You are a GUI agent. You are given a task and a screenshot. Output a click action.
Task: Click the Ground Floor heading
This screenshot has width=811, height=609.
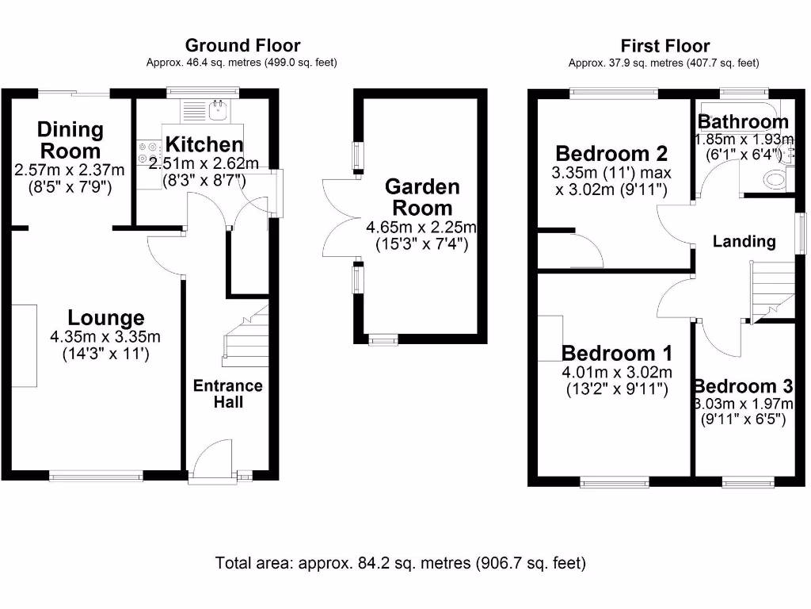[x=242, y=45]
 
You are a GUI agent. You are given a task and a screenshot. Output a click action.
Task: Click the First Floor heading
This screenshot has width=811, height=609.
[x=664, y=46]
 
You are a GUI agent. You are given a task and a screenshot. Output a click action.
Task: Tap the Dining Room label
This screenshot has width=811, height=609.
[x=70, y=140]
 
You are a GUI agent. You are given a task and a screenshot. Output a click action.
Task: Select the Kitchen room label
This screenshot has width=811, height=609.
[x=204, y=144]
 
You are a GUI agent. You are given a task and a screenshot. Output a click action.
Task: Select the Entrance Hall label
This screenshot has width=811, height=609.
[x=228, y=393]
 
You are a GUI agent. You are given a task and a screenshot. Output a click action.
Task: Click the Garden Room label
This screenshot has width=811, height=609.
[x=421, y=197]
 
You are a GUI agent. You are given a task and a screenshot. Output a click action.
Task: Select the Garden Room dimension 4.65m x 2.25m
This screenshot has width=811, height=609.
[x=421, y=228]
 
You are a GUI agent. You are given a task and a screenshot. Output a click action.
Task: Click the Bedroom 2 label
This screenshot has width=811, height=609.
[x=611, y=153]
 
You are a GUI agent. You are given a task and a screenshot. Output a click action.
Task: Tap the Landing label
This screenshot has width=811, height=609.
[x=744, y=241]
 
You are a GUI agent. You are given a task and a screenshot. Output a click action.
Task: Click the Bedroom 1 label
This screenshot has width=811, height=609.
[x=617, y=353]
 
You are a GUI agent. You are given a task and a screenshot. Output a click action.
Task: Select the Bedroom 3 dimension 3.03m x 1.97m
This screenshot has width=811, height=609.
[x=743, y=404]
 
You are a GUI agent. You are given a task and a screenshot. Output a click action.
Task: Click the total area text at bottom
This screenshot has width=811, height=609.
[x=401, y=564]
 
